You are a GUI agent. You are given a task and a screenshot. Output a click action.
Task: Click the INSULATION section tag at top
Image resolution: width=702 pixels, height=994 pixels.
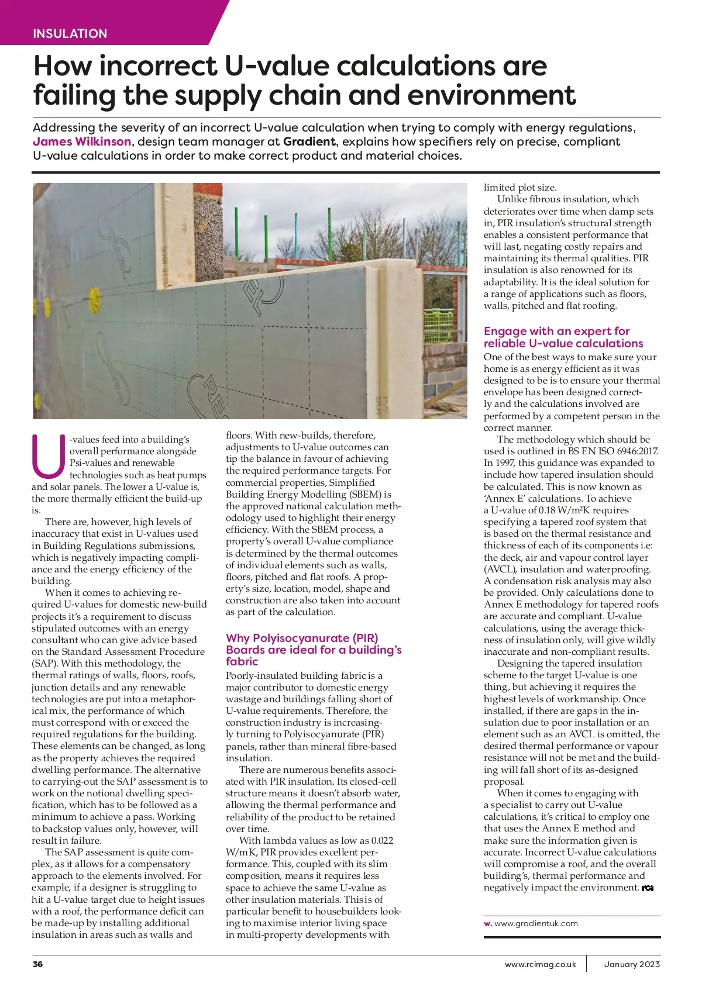coord(70,34)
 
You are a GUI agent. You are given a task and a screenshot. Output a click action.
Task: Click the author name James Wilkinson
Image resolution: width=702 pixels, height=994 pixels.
coord(82,141)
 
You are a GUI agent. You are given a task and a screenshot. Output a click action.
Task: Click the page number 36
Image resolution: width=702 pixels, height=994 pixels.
coord(38,964)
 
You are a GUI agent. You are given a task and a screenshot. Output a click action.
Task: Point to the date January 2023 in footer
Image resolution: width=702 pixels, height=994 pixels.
coord(632,964)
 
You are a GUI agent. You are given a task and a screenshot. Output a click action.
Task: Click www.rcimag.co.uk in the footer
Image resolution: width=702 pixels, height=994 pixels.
coord(541,964)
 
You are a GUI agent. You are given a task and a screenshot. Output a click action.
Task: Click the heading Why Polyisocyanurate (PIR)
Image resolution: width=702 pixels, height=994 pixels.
coord(302,638)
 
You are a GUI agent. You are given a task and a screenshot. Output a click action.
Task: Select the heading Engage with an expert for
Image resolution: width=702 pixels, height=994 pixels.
coord(556,331)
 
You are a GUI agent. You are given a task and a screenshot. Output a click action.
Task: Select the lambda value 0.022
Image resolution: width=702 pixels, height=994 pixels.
coord(382,840)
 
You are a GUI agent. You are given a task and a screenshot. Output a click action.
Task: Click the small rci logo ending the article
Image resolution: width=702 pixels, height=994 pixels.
coord(647,888)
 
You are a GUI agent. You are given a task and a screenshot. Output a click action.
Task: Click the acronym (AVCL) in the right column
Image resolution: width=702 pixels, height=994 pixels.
coord(500,569)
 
